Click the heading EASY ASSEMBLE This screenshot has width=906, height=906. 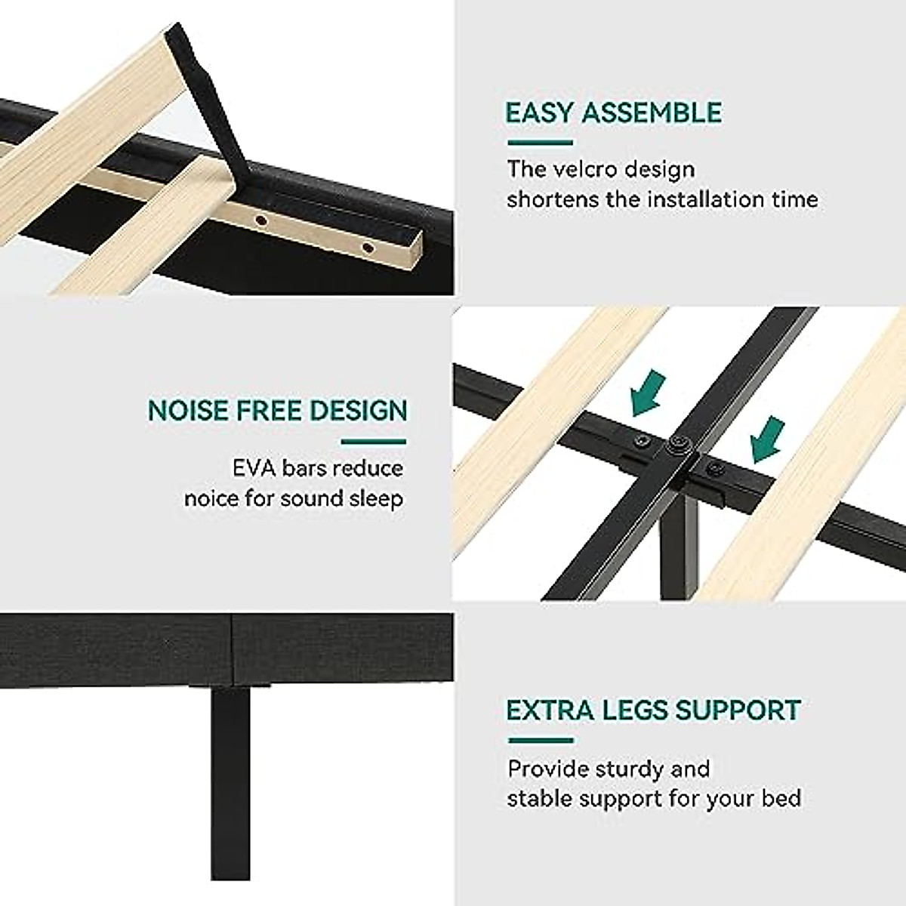[613, 113]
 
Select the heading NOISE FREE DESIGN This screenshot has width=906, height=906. [277, 411]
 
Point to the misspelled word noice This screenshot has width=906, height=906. [214, 499]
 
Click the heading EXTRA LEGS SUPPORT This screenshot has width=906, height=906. [653, 710]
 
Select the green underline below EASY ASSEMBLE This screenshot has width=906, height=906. [540, 143]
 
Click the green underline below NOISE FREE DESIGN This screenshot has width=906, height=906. [373, 442]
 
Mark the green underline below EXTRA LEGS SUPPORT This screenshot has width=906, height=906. [540, 741]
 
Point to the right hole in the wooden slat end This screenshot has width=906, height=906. [368, 248]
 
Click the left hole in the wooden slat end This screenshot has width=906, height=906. [261, 220]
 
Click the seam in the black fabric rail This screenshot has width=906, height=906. [232, 649]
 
